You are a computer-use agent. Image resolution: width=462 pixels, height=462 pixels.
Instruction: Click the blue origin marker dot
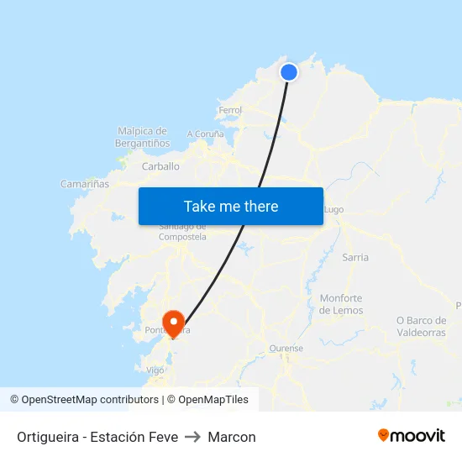point(288,72)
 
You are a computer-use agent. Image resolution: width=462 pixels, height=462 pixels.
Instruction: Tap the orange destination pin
point(174,322)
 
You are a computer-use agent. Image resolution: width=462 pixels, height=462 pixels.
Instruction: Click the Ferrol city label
point(229,110)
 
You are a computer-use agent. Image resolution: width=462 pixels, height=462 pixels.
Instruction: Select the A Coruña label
point(206,134)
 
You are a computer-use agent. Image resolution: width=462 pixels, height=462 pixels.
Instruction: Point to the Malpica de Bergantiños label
point(142,137)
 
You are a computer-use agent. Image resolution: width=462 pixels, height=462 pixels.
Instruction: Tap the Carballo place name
point(160,166)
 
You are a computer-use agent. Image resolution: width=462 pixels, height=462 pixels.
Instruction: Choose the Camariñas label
point(85,183)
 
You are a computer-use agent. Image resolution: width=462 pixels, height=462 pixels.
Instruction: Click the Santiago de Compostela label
point(182,232)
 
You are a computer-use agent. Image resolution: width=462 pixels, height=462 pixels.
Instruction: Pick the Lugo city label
point(333,209)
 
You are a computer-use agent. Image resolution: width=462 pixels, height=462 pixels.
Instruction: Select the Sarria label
point(355,257)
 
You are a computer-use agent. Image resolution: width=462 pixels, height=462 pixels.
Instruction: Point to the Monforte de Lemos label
point(341,304)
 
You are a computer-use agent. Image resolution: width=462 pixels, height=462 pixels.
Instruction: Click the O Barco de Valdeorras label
point(421,326)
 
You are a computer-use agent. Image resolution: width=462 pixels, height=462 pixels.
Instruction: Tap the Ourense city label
point(286,348)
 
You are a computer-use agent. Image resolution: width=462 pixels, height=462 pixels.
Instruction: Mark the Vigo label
point(155,370)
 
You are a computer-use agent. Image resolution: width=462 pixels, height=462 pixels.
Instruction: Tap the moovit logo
point(412,435)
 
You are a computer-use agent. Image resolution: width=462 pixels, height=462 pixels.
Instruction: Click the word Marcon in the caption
point(232,437)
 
